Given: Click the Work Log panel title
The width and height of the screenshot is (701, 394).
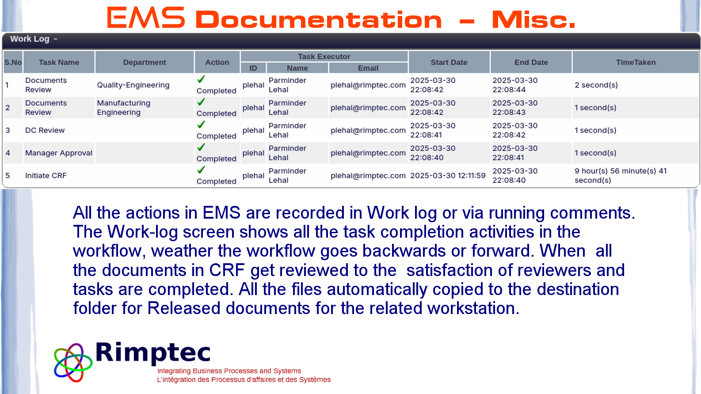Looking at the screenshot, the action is pos(30,39).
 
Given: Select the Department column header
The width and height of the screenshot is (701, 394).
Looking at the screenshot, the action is pos(145,62).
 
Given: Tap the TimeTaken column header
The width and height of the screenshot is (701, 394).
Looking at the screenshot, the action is pos(636,62).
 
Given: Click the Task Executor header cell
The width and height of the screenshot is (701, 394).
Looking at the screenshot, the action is pos(324,57).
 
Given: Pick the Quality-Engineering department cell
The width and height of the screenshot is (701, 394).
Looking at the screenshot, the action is pos(133,85).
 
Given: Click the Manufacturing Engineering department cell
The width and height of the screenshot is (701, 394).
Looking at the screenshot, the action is pos(124,108).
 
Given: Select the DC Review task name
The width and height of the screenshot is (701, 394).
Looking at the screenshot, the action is pos(45,130).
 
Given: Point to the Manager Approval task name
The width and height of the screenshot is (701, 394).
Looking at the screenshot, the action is pos(59,153).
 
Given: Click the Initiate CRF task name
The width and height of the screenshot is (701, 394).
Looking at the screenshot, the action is pos(46,176).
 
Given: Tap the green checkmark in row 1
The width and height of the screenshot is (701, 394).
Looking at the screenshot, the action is pos(201,80).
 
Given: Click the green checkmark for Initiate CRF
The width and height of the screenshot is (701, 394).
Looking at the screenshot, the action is pos(201,170).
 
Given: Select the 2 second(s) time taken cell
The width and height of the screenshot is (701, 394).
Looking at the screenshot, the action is pos(596,85).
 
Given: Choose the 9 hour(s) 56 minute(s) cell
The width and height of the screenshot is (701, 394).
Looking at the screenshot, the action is pos(621,175).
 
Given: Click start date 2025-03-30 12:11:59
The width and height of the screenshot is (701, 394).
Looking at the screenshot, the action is pos(448,176).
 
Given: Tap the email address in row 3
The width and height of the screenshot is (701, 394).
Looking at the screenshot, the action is pos(368,130).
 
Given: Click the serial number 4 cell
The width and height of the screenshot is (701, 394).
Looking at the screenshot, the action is pos(8,153).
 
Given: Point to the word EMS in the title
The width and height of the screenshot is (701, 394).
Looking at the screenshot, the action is pos(146,18).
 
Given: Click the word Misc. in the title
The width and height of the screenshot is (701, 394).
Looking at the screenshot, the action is pos(533,19).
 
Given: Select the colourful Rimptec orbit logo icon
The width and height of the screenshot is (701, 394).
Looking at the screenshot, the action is pos(73,363).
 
